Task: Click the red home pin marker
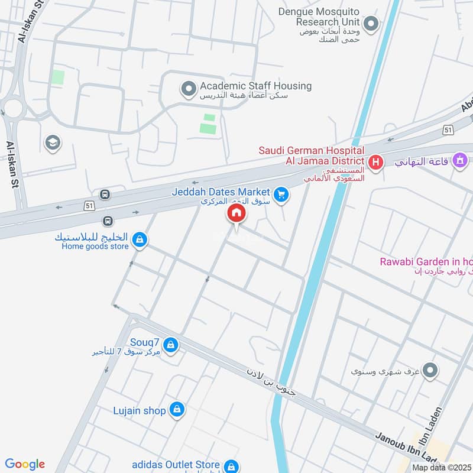[236, 213]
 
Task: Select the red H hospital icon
[374, 161]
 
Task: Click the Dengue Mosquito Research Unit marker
[371, 24]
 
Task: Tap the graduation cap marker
[52, 142]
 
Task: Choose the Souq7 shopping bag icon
[170, 345]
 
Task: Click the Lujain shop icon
[176, 409]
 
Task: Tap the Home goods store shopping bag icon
[140, 239]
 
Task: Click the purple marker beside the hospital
[459, 160]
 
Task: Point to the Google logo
[25, 464]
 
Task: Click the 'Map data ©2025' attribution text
[441, 467]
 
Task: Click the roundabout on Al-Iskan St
[12, 108]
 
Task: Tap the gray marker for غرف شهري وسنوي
[430, 371]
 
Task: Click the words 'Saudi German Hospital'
[311, 150]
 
